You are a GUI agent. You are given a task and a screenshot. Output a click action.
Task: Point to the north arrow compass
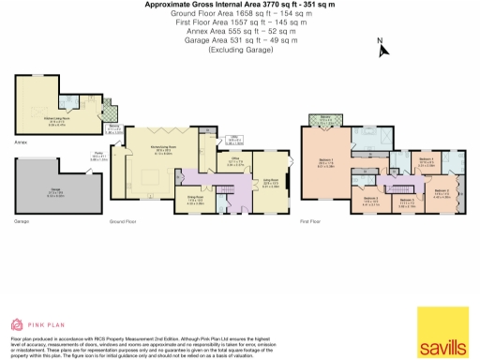point(382,47)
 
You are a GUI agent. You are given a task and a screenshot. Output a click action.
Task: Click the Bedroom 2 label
point(442,193)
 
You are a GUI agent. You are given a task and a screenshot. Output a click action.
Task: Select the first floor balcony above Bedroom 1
point(324,120)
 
